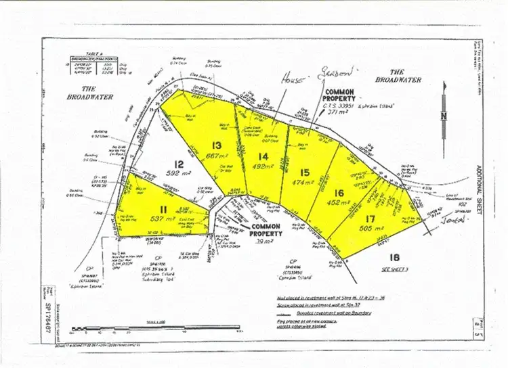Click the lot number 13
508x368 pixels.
(x=217, y=144)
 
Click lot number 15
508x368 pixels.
(x=305, y=172)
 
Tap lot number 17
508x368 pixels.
(x=369, y=218)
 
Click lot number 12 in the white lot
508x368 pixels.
(x=177, y=163)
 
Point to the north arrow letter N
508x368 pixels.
(x=444, y=115)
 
